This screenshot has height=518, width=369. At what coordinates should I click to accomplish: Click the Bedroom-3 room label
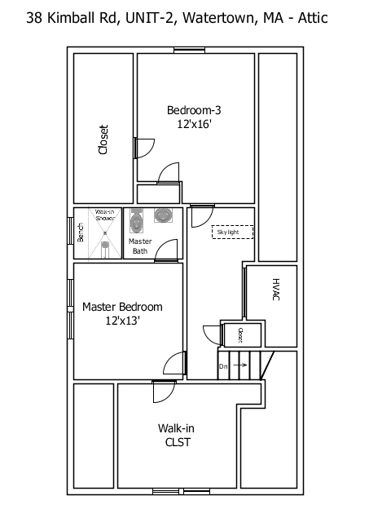[x=193, y=110]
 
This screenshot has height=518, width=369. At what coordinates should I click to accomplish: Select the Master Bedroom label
[x=122, y=307]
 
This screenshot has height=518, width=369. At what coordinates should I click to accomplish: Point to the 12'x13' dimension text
[x=122, y=321]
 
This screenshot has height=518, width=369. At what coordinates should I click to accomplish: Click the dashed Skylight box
[x=232, y=232]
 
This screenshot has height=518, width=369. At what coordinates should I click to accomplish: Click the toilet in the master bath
[x=136, y=219]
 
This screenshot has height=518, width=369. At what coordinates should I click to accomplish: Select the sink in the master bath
[x=164, y=216]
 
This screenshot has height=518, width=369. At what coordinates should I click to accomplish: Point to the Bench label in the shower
[x=81, y=233]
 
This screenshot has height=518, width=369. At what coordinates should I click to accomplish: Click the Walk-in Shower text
[x=104, y=215]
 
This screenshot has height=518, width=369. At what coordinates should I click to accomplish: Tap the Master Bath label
[x=140, y=246]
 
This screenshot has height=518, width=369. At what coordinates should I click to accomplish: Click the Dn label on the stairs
[x=223, y=366]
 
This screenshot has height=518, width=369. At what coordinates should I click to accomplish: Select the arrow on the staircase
[x=240, y=366]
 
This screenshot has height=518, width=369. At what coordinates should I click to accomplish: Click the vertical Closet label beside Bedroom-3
[x=103, y=139]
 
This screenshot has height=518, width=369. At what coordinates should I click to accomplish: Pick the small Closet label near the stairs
[x=240, y=334]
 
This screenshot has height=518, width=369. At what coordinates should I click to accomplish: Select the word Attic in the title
[x=312, y=16]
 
